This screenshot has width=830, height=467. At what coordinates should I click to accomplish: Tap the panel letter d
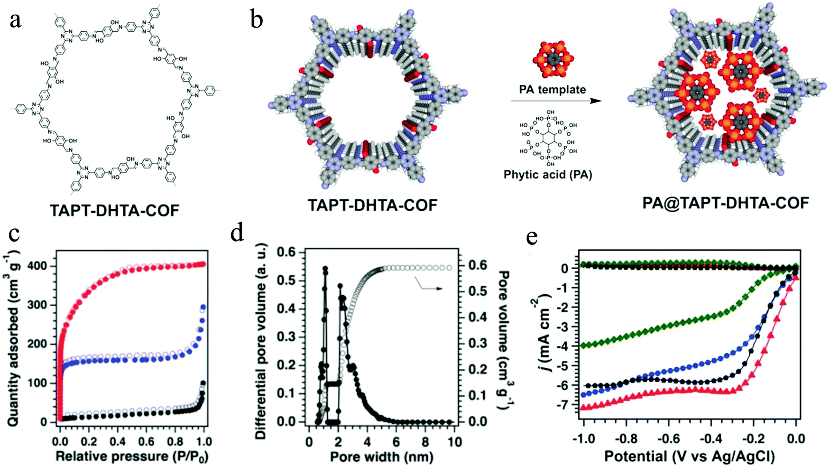237,234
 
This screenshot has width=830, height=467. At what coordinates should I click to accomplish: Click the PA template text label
552,90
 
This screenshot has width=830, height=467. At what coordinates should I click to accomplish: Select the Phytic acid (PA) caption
548,175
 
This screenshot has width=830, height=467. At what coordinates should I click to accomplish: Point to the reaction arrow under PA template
556,101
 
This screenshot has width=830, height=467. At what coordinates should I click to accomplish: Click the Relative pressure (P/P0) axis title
131,457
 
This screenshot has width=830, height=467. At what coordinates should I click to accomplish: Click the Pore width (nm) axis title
381,457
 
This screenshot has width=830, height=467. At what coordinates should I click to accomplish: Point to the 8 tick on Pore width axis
425,442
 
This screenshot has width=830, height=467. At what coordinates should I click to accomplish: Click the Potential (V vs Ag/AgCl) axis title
689,457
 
